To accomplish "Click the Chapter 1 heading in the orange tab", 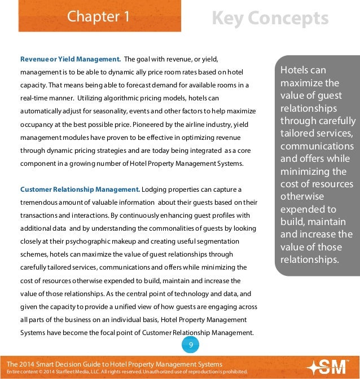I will tap(99, 17).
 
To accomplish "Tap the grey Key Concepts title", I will tap(270, 19).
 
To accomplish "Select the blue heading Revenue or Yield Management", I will tap(71, 59).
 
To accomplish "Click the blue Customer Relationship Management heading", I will tap(80, 189).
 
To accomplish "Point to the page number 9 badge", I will tap(191, 345).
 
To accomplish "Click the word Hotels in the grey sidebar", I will tap(295, 70).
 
